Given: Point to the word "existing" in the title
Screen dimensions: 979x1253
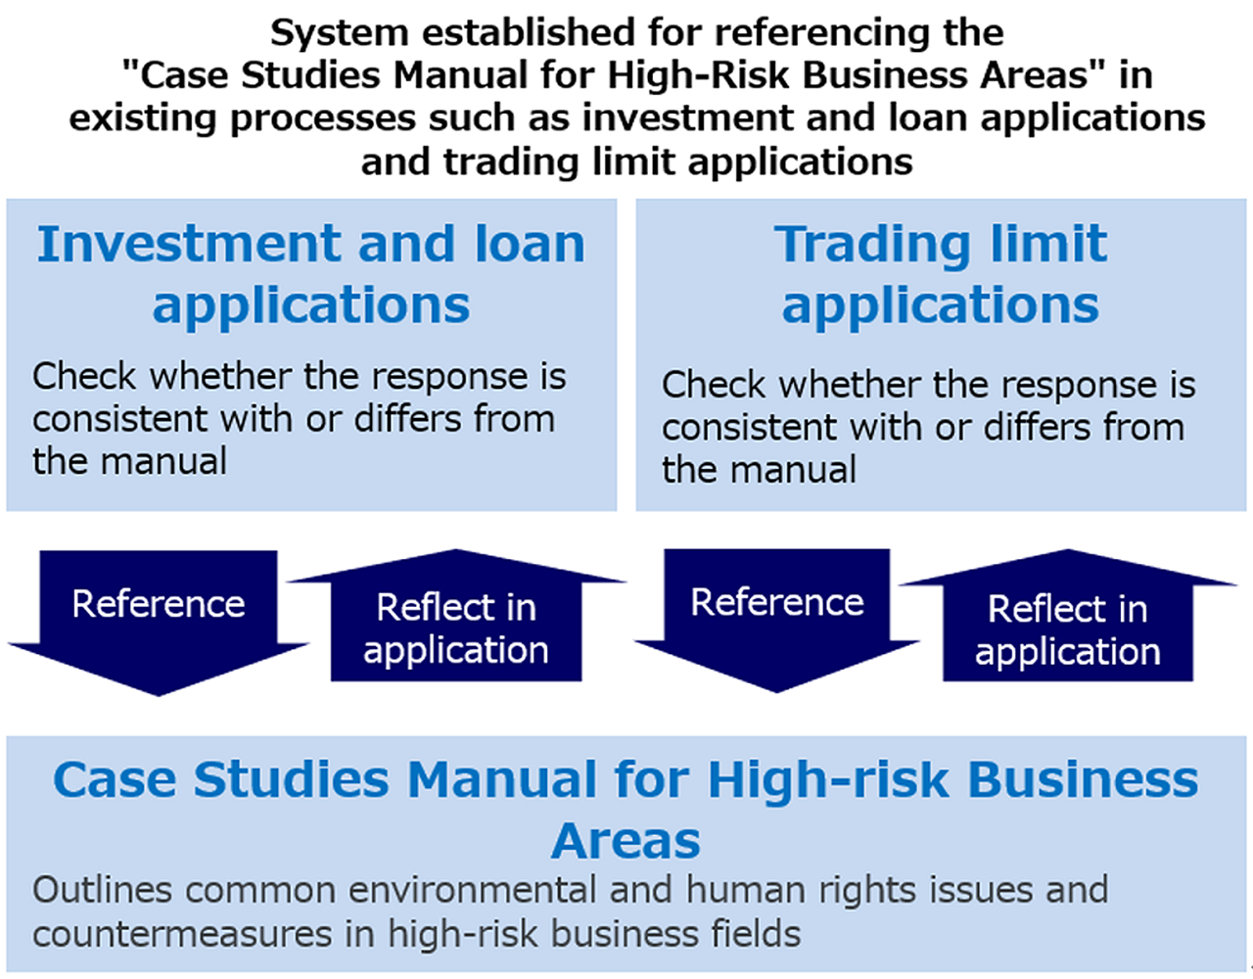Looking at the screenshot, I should (144, 118).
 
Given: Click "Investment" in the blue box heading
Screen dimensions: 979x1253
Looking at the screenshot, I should (190, 244).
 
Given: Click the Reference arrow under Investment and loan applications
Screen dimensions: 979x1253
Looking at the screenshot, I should (159, 612).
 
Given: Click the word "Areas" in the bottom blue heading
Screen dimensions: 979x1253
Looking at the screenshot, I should (626, 841).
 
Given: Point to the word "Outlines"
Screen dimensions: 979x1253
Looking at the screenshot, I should (102, 891).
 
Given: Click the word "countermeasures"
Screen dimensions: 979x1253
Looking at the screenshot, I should (182, 934).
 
